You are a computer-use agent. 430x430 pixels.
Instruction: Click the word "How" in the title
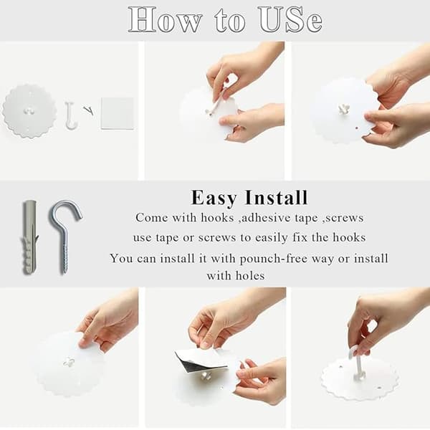coord(166,20)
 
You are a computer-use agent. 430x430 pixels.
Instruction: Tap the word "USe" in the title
coord(291,20)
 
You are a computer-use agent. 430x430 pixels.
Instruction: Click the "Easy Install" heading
coord(249,198)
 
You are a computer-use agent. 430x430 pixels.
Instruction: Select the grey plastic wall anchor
coord(29,236)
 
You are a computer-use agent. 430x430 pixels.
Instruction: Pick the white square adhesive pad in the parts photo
coord(118,113)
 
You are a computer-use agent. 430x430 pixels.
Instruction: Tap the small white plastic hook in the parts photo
coord(70,115)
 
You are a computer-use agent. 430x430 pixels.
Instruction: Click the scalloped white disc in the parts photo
coord(29,110)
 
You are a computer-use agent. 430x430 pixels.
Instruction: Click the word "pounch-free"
coord(274,259)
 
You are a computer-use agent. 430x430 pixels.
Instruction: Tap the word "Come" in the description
coord(152,218)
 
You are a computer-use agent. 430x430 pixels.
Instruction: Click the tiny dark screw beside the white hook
coord(89,110)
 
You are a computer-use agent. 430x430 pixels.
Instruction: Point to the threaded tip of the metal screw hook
coord(64,270)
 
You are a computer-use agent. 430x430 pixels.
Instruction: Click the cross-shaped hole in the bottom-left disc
coord(69,363)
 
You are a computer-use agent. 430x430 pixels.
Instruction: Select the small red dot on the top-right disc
coord(356,128)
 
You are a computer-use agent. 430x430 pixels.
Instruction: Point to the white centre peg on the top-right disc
coord(343,109)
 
